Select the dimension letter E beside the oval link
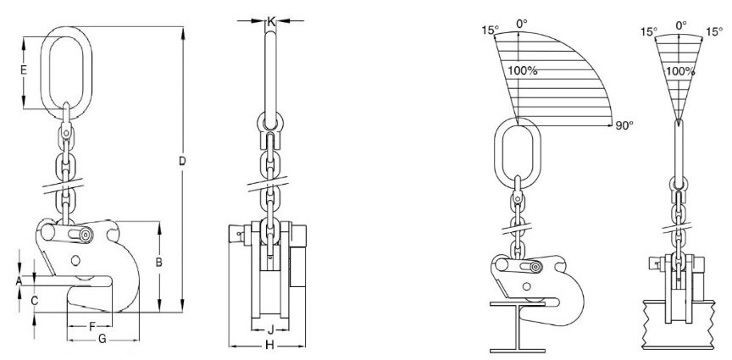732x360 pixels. pyautogui.click(x=24, y=70)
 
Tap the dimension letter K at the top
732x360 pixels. pyautogui.click(x=270, y=18)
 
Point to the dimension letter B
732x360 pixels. pyautogui.click(x=158, y=263)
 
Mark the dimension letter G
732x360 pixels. pyautogui.click(x=102, y=339)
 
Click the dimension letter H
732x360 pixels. pyautogui.click(x=269, y=345)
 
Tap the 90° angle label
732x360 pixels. pyautogui.click(x=625, y=125)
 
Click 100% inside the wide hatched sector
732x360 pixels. pyautogui.click(x=523, y=70)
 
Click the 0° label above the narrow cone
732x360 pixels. pyautogui.click(x=679, y=26)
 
